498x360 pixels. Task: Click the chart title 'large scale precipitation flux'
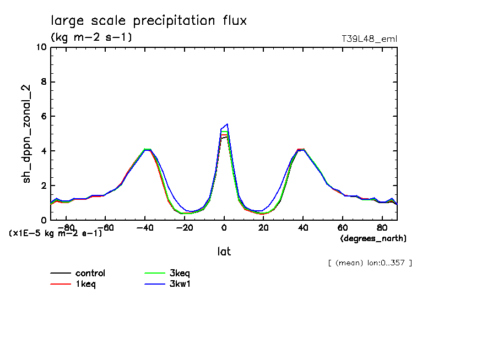click(x=149, y=21)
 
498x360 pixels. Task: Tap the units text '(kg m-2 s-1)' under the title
click(x=91, y=37)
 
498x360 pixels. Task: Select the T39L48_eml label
click(x=369, y=39)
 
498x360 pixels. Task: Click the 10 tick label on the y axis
click(x=41, y=47)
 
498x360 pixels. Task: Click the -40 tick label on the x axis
click(x=144, y=227)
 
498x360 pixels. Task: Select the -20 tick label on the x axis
click(x=184, y=227)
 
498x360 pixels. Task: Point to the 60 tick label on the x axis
click(x=343, y=227)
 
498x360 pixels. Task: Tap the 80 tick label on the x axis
click(x=382, y=227)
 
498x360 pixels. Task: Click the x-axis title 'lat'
click(x=224, y=252)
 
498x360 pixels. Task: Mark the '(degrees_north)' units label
click(x=373, y=238)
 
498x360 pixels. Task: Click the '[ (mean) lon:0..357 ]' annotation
click(x=370, y=263)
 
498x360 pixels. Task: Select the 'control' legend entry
click(x=90, y=273)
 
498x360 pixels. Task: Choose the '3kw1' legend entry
click(x=181, y=284)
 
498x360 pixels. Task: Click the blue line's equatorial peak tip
click(x=227, y=124)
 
